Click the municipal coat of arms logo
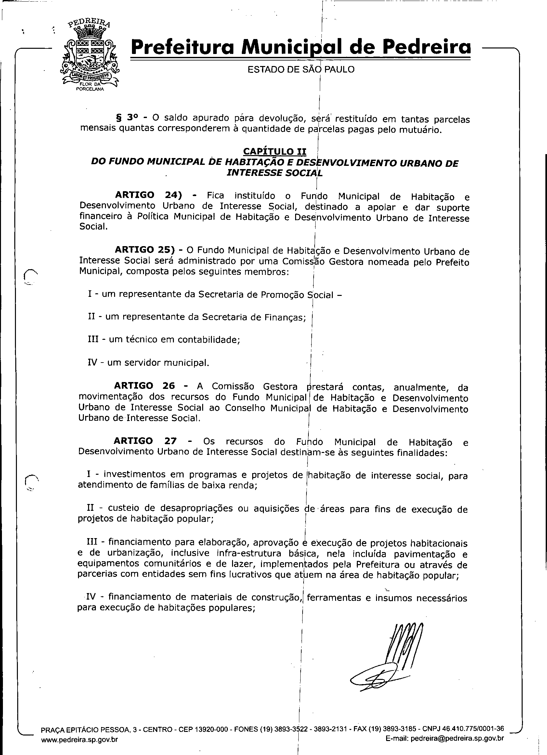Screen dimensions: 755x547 tap(90, 57)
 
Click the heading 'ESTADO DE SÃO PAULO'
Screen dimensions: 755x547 tap(301, 69)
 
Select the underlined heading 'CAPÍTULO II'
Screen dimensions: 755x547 tap(275, 152)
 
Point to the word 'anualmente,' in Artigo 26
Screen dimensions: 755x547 tap(420, 387)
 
